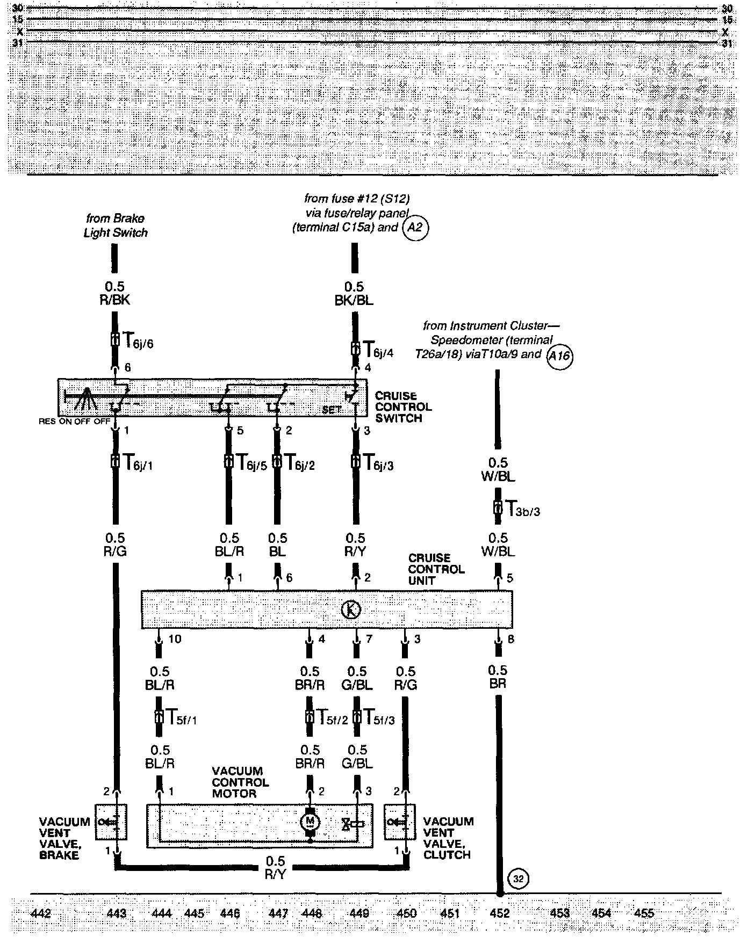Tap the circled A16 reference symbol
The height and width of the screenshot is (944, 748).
tap(559, 356)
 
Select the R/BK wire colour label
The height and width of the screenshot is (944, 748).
tap(115, 300)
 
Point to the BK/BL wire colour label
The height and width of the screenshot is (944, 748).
tap(354, 300)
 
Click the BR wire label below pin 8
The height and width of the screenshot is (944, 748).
tap(498, 684)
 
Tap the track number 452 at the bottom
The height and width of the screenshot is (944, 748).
tap(500, 913)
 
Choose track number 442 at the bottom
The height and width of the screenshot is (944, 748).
tap(41, 913)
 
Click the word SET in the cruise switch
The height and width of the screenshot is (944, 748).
tap(332, 410)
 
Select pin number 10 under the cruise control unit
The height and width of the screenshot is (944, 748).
tap(175, 639)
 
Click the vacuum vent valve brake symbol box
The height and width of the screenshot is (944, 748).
tap(111, 822)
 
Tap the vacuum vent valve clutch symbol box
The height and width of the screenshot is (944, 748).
tap(400, 822)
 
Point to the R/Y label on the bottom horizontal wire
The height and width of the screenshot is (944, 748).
tap(275, 874)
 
